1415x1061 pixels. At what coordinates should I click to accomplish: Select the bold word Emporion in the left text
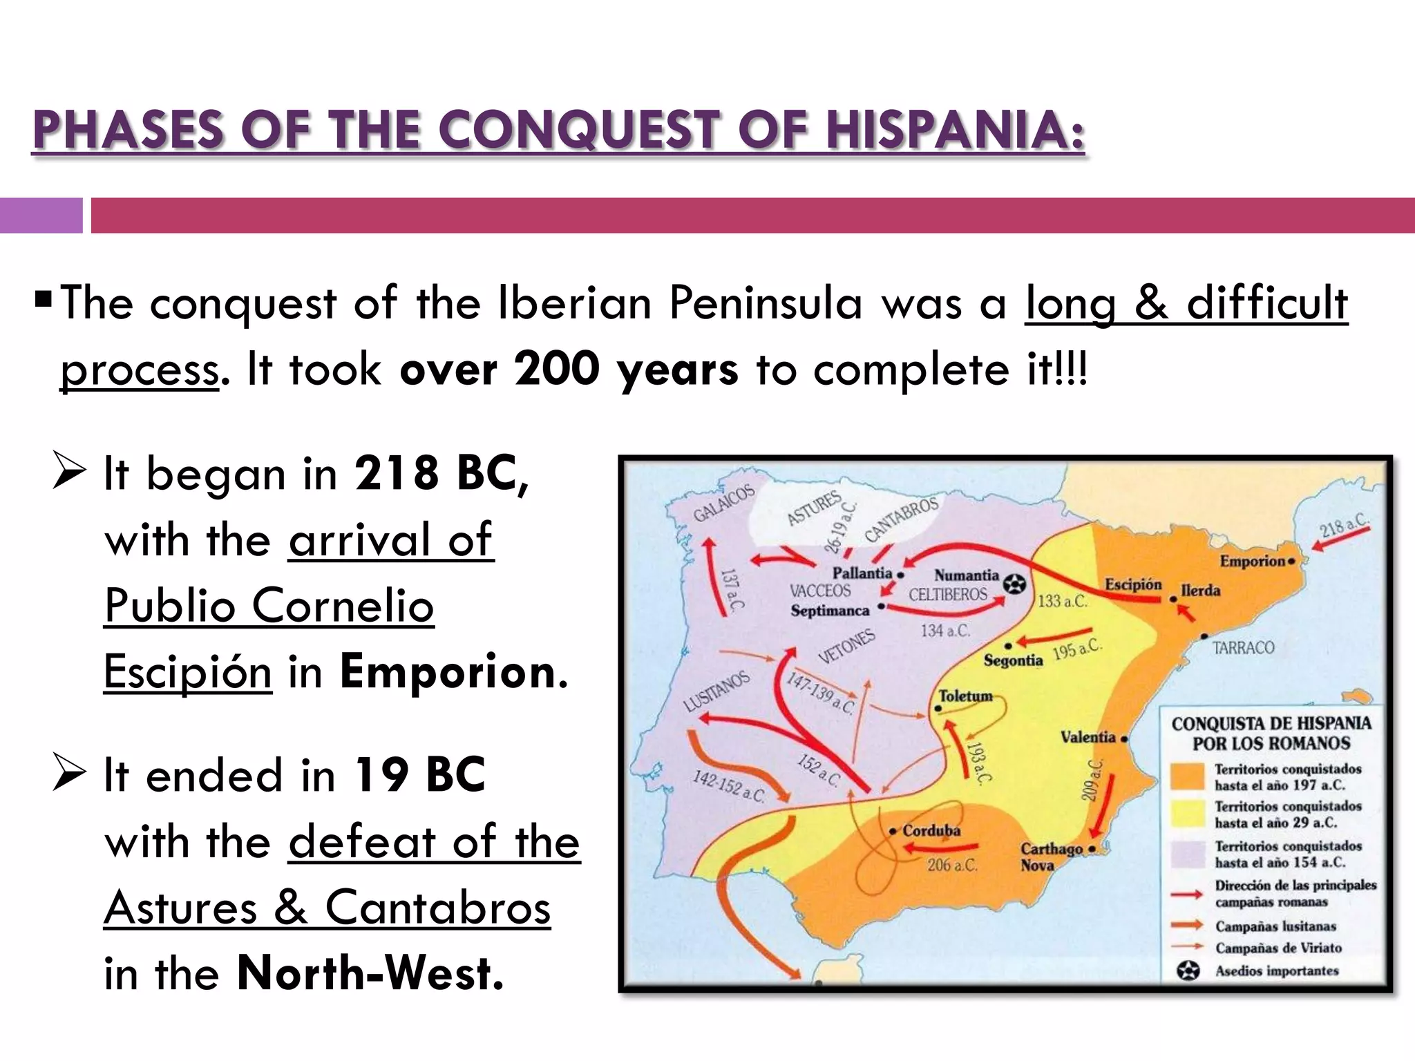(448, 672)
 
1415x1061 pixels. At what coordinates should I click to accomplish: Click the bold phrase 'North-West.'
(370, 973)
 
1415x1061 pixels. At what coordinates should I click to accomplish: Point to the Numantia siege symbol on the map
(1014, 584)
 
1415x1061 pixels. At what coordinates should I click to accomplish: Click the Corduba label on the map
(931, 831)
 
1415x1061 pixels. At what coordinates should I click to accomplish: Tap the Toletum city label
(965, 696)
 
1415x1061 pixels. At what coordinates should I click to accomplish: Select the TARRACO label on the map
(1243, 648)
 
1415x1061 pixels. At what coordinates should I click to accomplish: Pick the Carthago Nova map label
(1051, 857)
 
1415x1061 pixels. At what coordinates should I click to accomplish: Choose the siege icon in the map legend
(1188, 971)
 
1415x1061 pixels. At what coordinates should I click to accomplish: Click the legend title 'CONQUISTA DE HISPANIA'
(1271, 724)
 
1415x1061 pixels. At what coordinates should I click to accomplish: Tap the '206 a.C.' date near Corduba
(952, 865)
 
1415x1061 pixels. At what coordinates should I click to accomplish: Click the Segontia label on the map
(1013, 660)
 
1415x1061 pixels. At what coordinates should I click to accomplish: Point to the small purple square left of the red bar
(41, 216)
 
